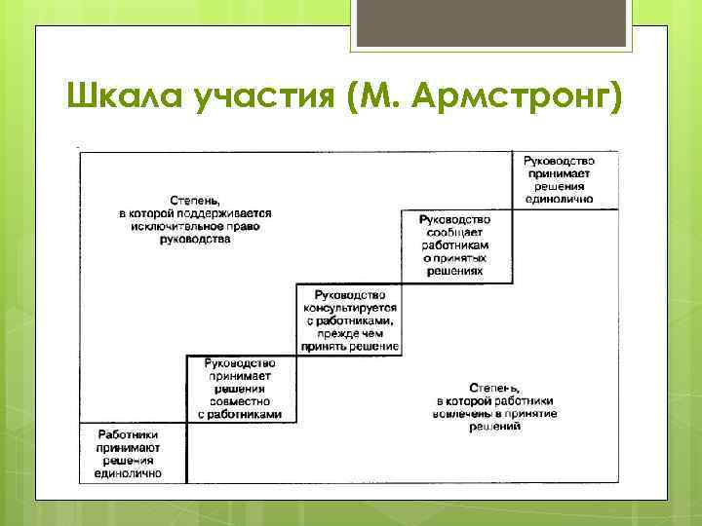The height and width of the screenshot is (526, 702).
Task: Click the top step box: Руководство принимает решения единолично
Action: pyautogui.click(x=559, y=178)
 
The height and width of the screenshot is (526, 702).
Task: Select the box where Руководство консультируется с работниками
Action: pyautogui.click(x=347, y=319)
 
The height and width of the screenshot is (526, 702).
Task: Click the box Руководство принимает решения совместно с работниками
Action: pyautogui.click(x=240, y=389)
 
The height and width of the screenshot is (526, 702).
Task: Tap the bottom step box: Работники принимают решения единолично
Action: pyautogui.click(x=129, y=454)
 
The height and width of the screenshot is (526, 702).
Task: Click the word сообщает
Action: pyautogui.click(x=455, y=233)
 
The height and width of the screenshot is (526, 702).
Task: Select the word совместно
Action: pyautogui.click(x=240, y=401)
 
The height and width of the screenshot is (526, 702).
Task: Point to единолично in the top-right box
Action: pyautogui.click(x=559, y=199)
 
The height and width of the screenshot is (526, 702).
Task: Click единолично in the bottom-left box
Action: pyautogui.click(x=129, y=474)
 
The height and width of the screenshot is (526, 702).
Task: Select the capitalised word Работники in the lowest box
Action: pyautogui.click(x=129, y=434)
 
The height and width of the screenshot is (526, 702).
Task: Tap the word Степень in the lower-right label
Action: pyautogui.click(x=495, y=387)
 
